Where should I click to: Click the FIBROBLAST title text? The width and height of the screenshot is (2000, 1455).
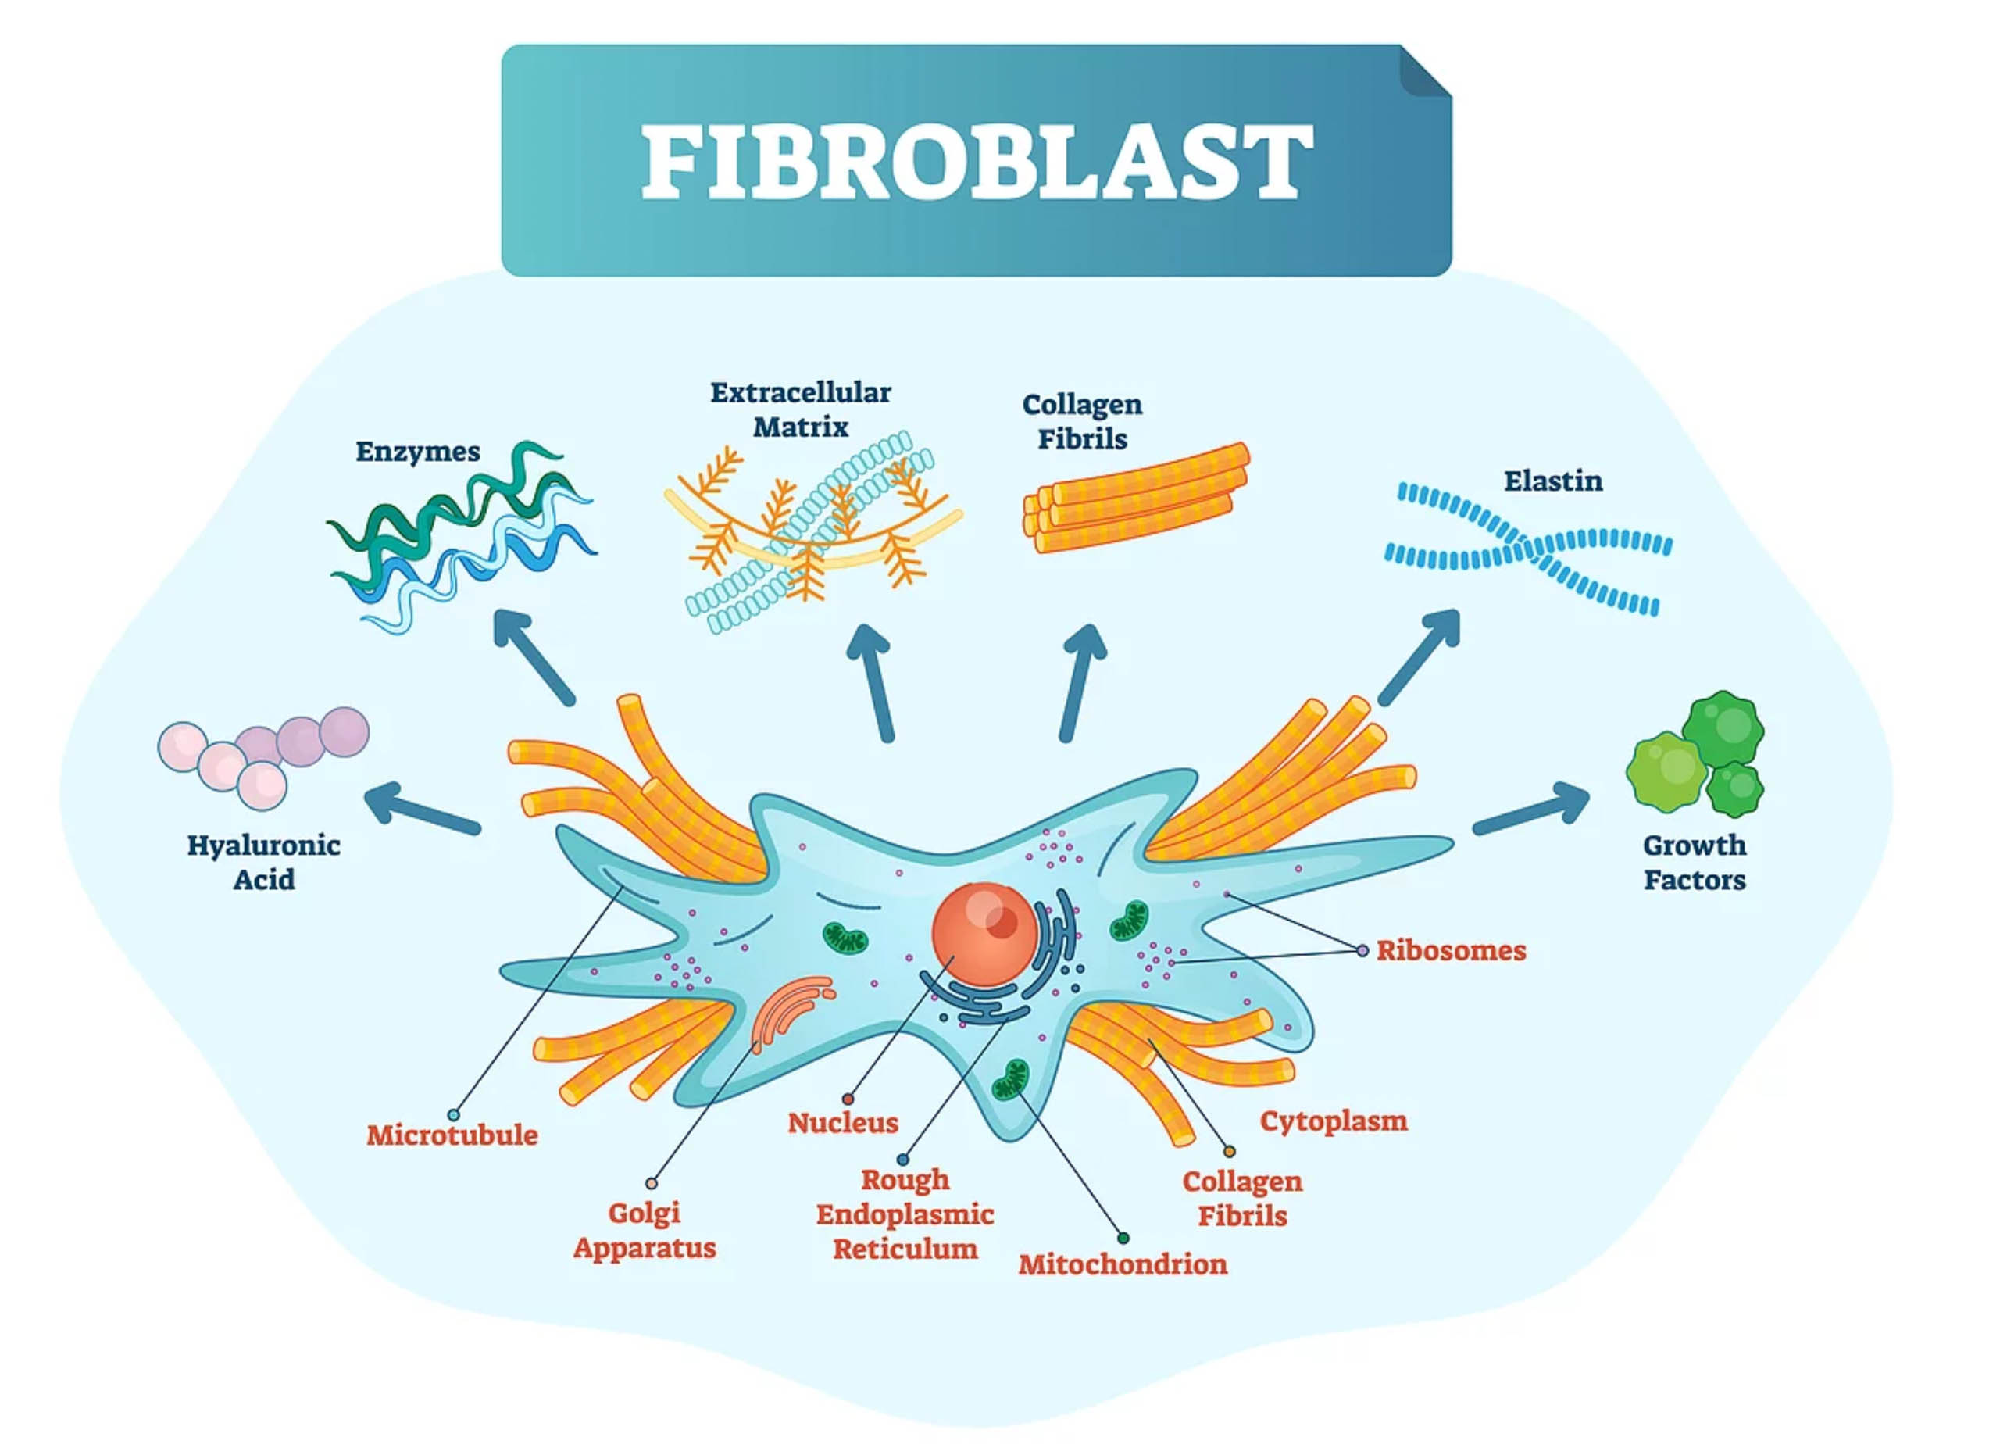coord(977,162)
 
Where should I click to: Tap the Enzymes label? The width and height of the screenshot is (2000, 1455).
coord(418,452)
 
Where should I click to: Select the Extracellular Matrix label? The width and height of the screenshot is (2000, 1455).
coord(801,410)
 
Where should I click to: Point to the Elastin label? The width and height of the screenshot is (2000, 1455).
coord(1553,481)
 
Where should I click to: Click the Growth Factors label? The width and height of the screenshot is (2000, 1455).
coord(1694,863)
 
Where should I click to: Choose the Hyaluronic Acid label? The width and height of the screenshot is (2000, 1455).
coord(263,863)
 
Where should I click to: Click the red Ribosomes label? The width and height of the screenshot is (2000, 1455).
coord(1452,951)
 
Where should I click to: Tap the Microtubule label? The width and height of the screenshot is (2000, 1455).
coord(452,1135)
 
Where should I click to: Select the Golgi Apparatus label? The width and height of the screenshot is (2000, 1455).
coord(645,1230)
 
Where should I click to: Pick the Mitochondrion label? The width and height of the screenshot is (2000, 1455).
coord(1123,1264)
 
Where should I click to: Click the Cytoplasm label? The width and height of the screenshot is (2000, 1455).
coord(1334,1121)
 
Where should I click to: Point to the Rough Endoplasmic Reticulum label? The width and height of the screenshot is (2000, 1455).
coord(905,1214)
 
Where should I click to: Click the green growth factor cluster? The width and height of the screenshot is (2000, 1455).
coord(1695,756)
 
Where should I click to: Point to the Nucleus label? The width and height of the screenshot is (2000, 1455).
coord(843,1124)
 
